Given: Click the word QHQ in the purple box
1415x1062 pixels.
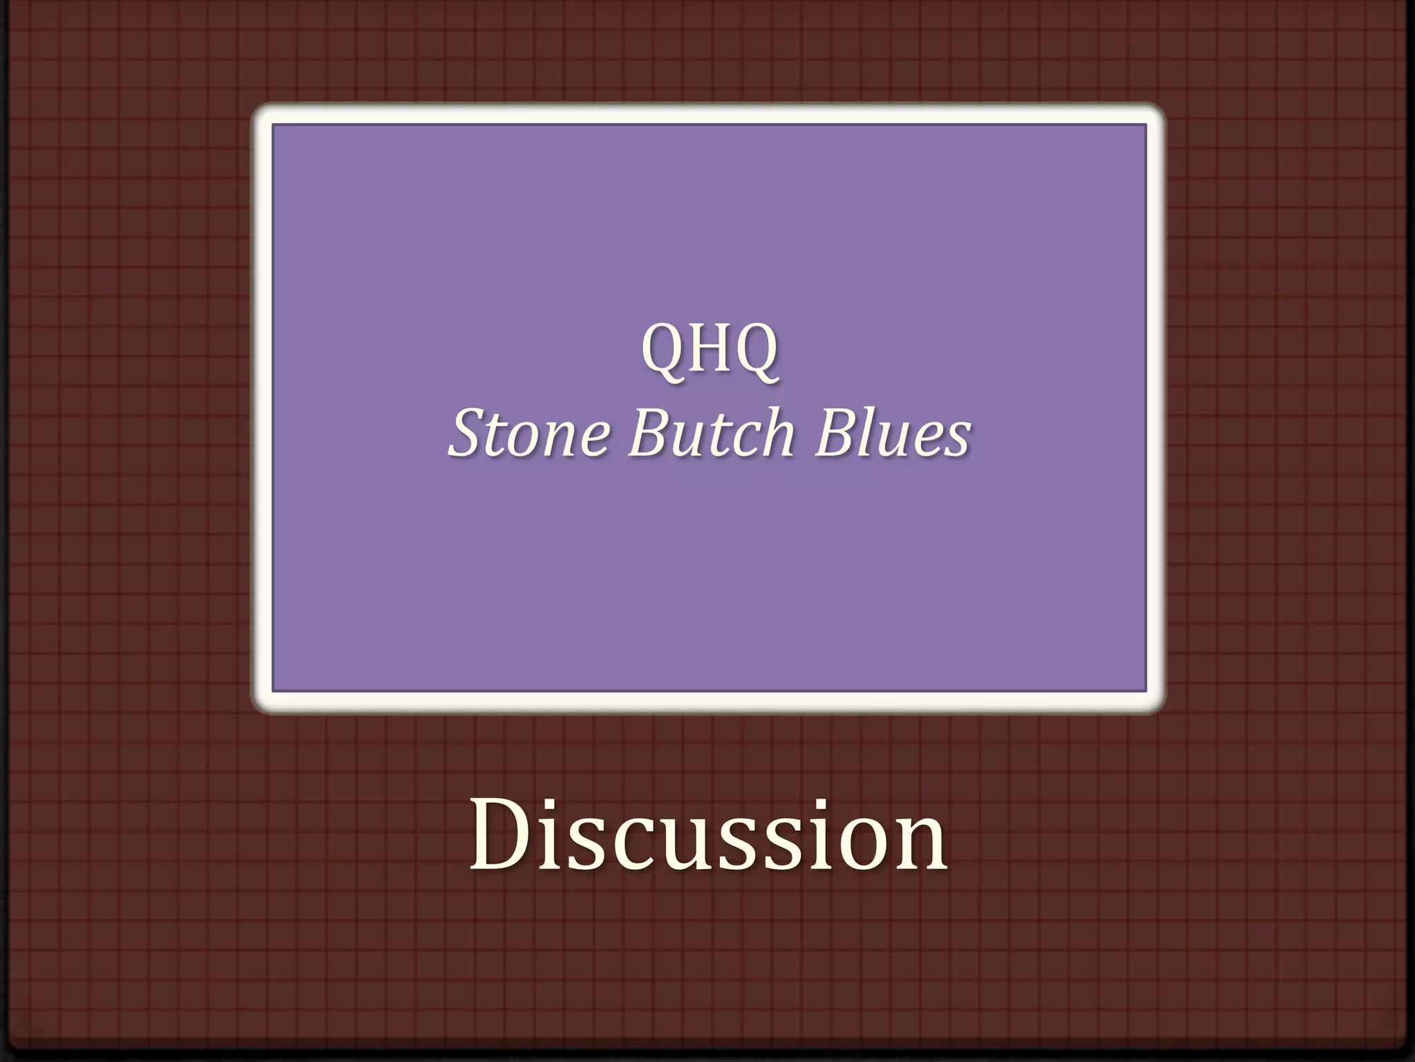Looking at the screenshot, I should tap(710, 349).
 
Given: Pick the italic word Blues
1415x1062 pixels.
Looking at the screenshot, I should tap(893, 434).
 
